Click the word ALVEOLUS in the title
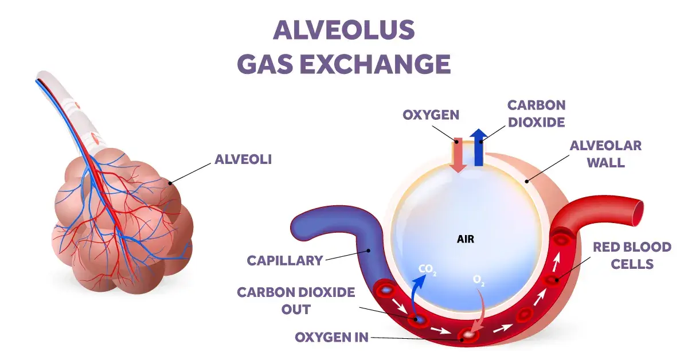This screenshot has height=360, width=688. pos(343,30)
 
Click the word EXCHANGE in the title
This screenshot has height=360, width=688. pos(376,64)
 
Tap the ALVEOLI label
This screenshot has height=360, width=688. pos(243,159)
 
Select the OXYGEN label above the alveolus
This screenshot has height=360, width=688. pos(431,115)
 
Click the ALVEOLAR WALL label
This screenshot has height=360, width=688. pos(605,154)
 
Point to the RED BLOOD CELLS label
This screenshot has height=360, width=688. pos(632,256)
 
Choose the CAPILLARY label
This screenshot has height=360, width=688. pos(285,261)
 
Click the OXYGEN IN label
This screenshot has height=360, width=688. pos(332,337)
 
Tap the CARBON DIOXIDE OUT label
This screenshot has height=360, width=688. pos(296,301)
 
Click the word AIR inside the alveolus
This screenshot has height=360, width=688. pos(466,239)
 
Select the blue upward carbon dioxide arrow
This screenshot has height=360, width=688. pos(479,147)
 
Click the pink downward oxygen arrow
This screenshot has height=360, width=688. pos(458,155)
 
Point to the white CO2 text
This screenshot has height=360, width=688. pos(427,269)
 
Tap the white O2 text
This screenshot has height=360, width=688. pos(479,280)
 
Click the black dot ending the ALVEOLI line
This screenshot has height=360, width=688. pos(170,183)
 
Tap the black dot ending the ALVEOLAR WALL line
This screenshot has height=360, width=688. pos(527,181)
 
